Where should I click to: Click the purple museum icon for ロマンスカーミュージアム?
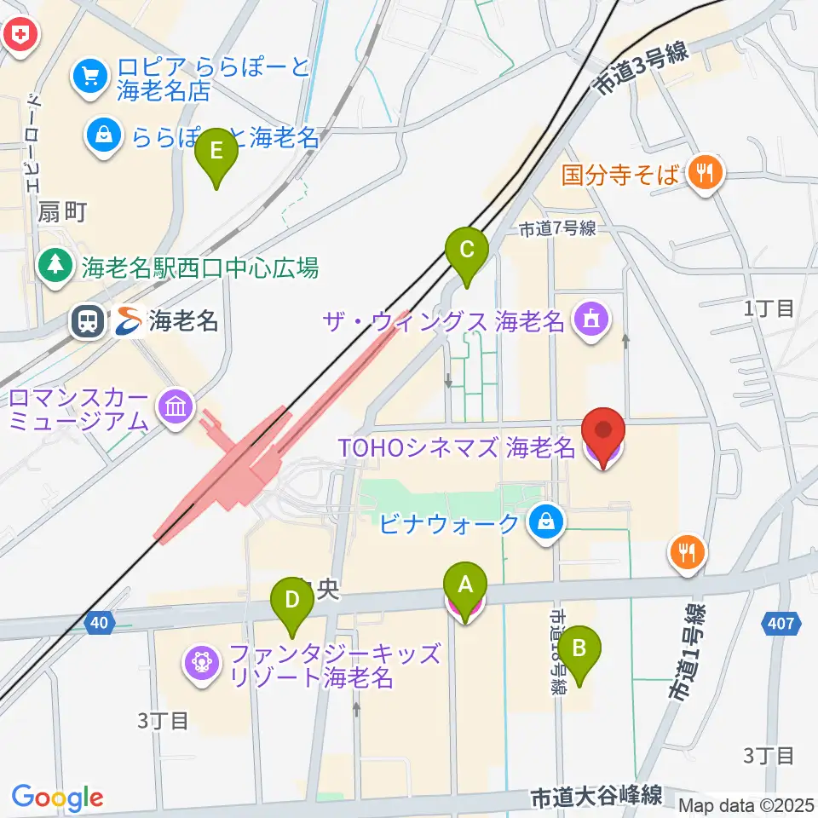176,406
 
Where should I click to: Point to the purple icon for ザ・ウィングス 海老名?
588,321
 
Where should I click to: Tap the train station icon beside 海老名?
88,321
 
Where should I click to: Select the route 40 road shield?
100,624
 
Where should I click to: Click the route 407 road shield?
785,624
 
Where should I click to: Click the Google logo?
57,798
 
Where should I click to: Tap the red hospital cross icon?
17,34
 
